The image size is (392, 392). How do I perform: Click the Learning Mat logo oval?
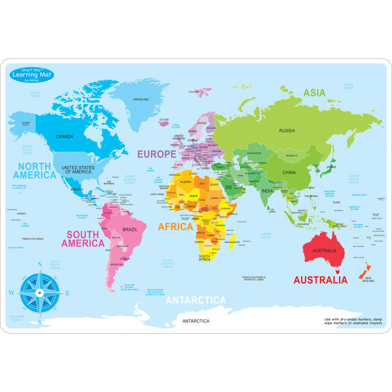point(31,74)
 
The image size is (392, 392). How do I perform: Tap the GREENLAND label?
point(141,99)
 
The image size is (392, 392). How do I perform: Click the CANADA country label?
point(65,136)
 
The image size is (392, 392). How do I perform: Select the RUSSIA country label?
point(287,130)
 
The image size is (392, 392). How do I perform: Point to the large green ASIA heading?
point(314,93)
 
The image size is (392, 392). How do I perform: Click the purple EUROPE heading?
point(156,154)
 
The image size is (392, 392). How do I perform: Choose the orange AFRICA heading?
point(175,227)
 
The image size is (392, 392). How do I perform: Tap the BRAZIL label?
point(130,229)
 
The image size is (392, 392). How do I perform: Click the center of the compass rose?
point(40,293)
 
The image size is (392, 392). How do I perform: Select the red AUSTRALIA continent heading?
point(320,280)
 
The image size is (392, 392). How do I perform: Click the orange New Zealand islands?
point(365,269)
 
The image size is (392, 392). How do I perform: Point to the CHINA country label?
point(289,172)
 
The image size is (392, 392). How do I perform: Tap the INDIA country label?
point(267,191)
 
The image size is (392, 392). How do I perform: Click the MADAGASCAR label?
point(232,242)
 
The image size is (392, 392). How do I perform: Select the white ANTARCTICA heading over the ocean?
point(196,300)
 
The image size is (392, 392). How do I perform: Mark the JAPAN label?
point(331,167)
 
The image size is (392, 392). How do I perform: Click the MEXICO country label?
point(76,189)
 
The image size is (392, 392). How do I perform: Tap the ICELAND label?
point(164,120)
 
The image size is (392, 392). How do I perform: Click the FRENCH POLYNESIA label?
point(32,239)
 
